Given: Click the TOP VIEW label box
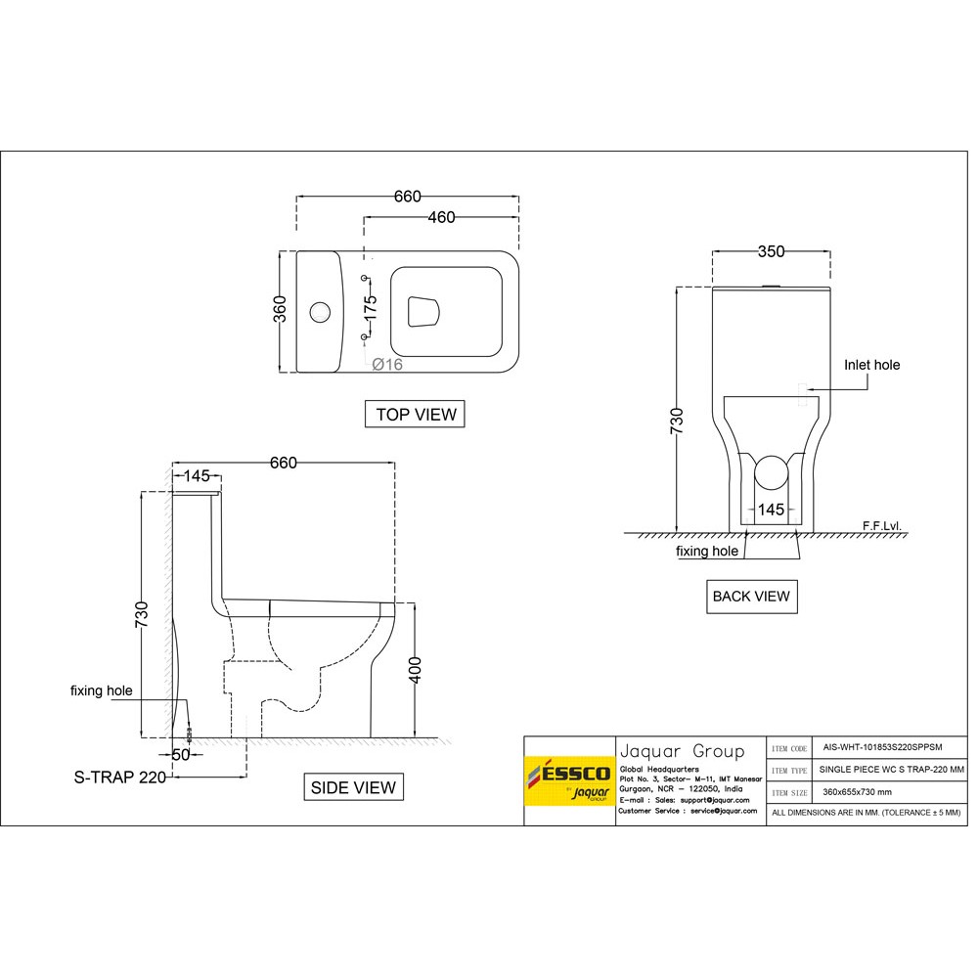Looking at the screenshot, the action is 415,414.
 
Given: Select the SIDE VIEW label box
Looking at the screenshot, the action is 353,787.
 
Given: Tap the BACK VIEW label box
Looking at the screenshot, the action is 751,597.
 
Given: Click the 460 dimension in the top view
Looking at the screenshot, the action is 442,217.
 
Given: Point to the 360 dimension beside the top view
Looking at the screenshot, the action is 280,309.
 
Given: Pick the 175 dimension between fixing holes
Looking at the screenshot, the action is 371,307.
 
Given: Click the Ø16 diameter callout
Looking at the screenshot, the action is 387,364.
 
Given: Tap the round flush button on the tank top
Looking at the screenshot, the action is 320,312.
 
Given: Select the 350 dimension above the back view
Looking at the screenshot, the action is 771,251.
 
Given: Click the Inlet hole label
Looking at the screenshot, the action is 872,365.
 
